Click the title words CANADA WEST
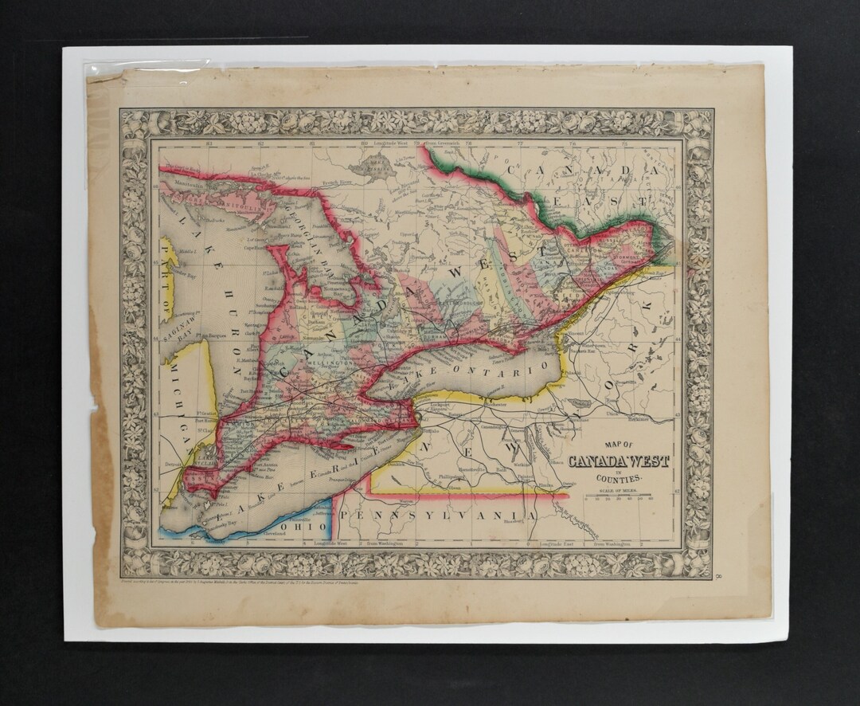(618, 462)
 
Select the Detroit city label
(170, 462)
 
